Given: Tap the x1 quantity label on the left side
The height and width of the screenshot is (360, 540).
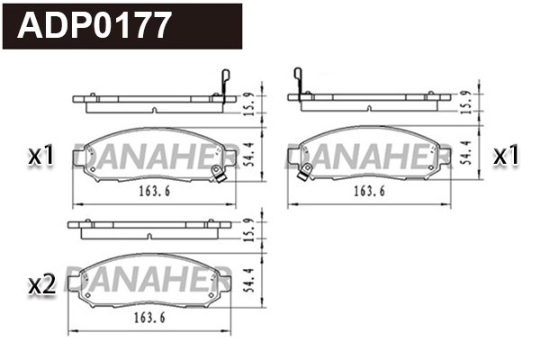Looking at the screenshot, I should [41, 156].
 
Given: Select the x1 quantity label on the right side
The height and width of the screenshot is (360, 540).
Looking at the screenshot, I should [507, 156].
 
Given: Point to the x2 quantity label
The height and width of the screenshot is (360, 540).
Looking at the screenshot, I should [41, 285].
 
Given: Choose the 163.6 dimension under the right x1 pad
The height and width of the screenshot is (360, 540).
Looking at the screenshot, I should [370, 192].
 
